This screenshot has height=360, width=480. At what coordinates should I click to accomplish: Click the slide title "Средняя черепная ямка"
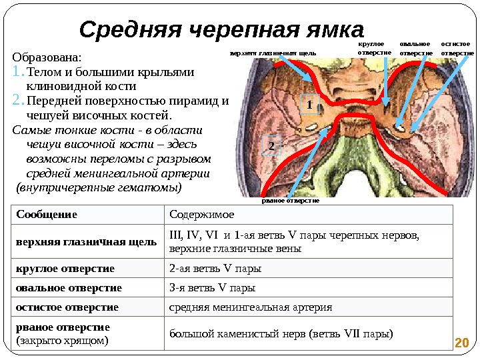click(221, 29)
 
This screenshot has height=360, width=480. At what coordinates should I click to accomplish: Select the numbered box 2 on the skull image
click(272, 146)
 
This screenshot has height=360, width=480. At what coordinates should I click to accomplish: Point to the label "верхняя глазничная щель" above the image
click(273, 53)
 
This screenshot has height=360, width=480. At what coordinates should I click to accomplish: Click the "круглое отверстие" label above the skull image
click(374, 47)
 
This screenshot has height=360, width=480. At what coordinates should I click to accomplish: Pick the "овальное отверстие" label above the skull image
click(416, 47)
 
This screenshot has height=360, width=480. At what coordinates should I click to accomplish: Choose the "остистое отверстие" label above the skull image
click(458, 47)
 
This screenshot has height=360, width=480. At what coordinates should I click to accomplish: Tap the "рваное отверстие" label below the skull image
click(290, 200)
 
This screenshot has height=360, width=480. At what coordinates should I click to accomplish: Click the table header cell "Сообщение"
click(47, 215)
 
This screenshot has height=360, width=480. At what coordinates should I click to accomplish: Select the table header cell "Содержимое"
click(202, 215)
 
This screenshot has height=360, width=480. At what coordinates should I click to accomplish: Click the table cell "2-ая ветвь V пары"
click(215, 269)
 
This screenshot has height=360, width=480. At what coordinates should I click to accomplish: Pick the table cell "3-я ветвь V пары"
click(213, 288)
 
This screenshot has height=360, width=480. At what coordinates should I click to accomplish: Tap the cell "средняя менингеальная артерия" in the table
click(251, 307)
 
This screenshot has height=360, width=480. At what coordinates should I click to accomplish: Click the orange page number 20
click(461, 343)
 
